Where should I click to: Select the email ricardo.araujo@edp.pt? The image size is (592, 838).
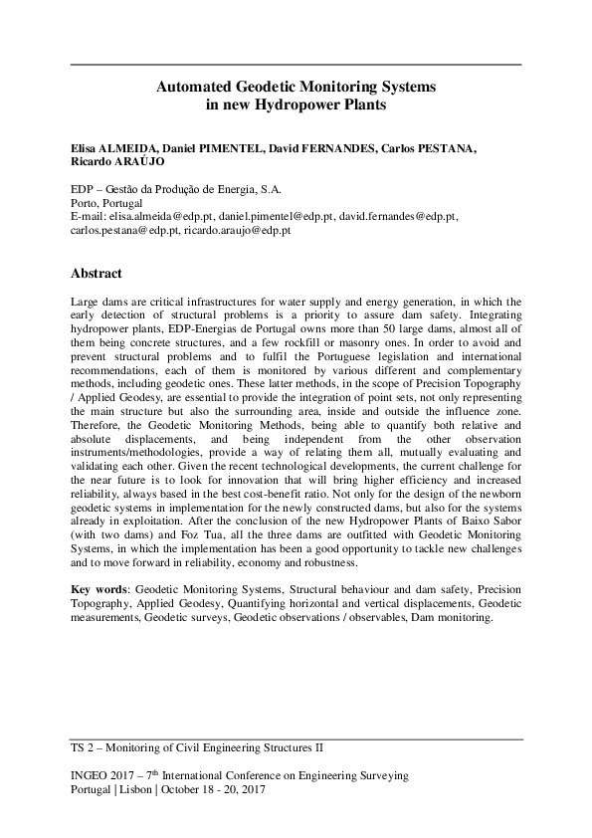(x=237, y=229)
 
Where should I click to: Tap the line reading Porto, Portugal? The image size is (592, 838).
(x=105, y=201)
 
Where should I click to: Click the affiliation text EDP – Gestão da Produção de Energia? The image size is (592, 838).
(x=174, y=187)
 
